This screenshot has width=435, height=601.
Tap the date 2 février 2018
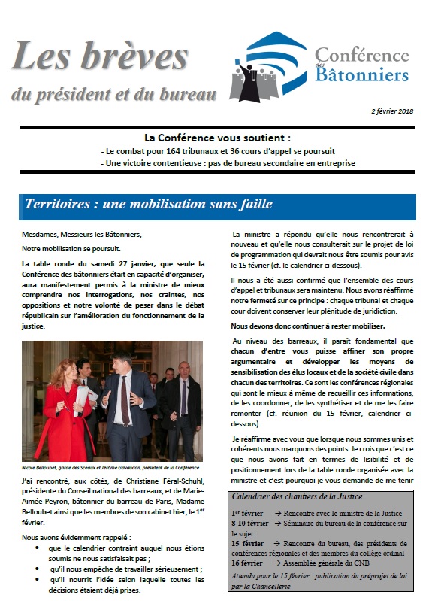[392, 111]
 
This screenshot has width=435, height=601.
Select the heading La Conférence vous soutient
[217, 138]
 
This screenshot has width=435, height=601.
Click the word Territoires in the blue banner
[57, 205]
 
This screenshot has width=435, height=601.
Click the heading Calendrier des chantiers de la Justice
[298, 496]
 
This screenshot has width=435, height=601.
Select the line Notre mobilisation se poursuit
[71, 248]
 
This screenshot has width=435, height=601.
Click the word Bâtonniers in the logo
[361, 74]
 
